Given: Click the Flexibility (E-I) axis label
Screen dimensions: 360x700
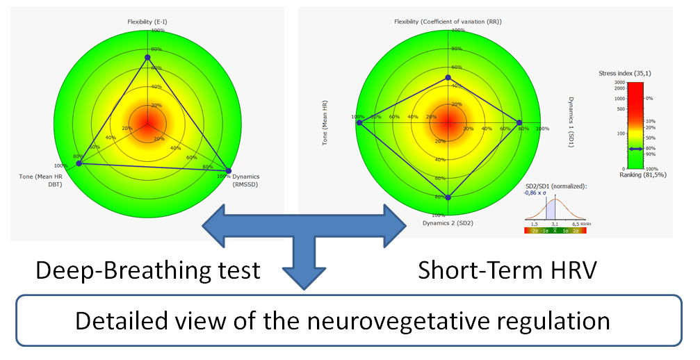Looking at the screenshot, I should pos(147,22).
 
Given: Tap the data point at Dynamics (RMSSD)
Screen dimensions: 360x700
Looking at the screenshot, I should pos(229,170).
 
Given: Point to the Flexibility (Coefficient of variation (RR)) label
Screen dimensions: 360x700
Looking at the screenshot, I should pos(448,22).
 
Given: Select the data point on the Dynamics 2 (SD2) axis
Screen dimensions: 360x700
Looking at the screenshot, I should pos(448,197).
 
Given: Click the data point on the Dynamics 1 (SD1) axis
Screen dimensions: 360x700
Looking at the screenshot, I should pos(519,123).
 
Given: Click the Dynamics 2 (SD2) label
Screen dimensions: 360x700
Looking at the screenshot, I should pos(448,223).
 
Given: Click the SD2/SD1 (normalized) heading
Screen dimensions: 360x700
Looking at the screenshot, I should pos(556,186).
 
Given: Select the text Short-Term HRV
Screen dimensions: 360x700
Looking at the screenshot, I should pos(507,270).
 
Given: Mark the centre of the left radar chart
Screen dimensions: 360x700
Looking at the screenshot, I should pos(147,122).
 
